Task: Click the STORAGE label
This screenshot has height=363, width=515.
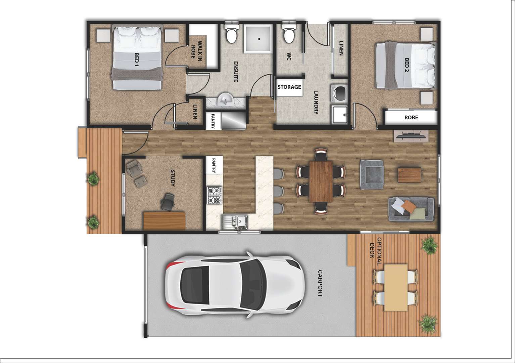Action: [289, 87]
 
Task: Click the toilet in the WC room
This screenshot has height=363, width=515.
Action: [288, 34]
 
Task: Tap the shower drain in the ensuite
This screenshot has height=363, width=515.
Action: [259, 38]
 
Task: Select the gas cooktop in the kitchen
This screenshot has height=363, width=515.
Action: [214, 196]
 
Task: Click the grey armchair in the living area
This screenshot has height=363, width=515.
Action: [371, 174]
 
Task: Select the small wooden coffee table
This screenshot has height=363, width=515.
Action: [409, 175]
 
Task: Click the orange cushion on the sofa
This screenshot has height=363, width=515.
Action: [407, 205]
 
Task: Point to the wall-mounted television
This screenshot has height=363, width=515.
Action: [412, 136]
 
